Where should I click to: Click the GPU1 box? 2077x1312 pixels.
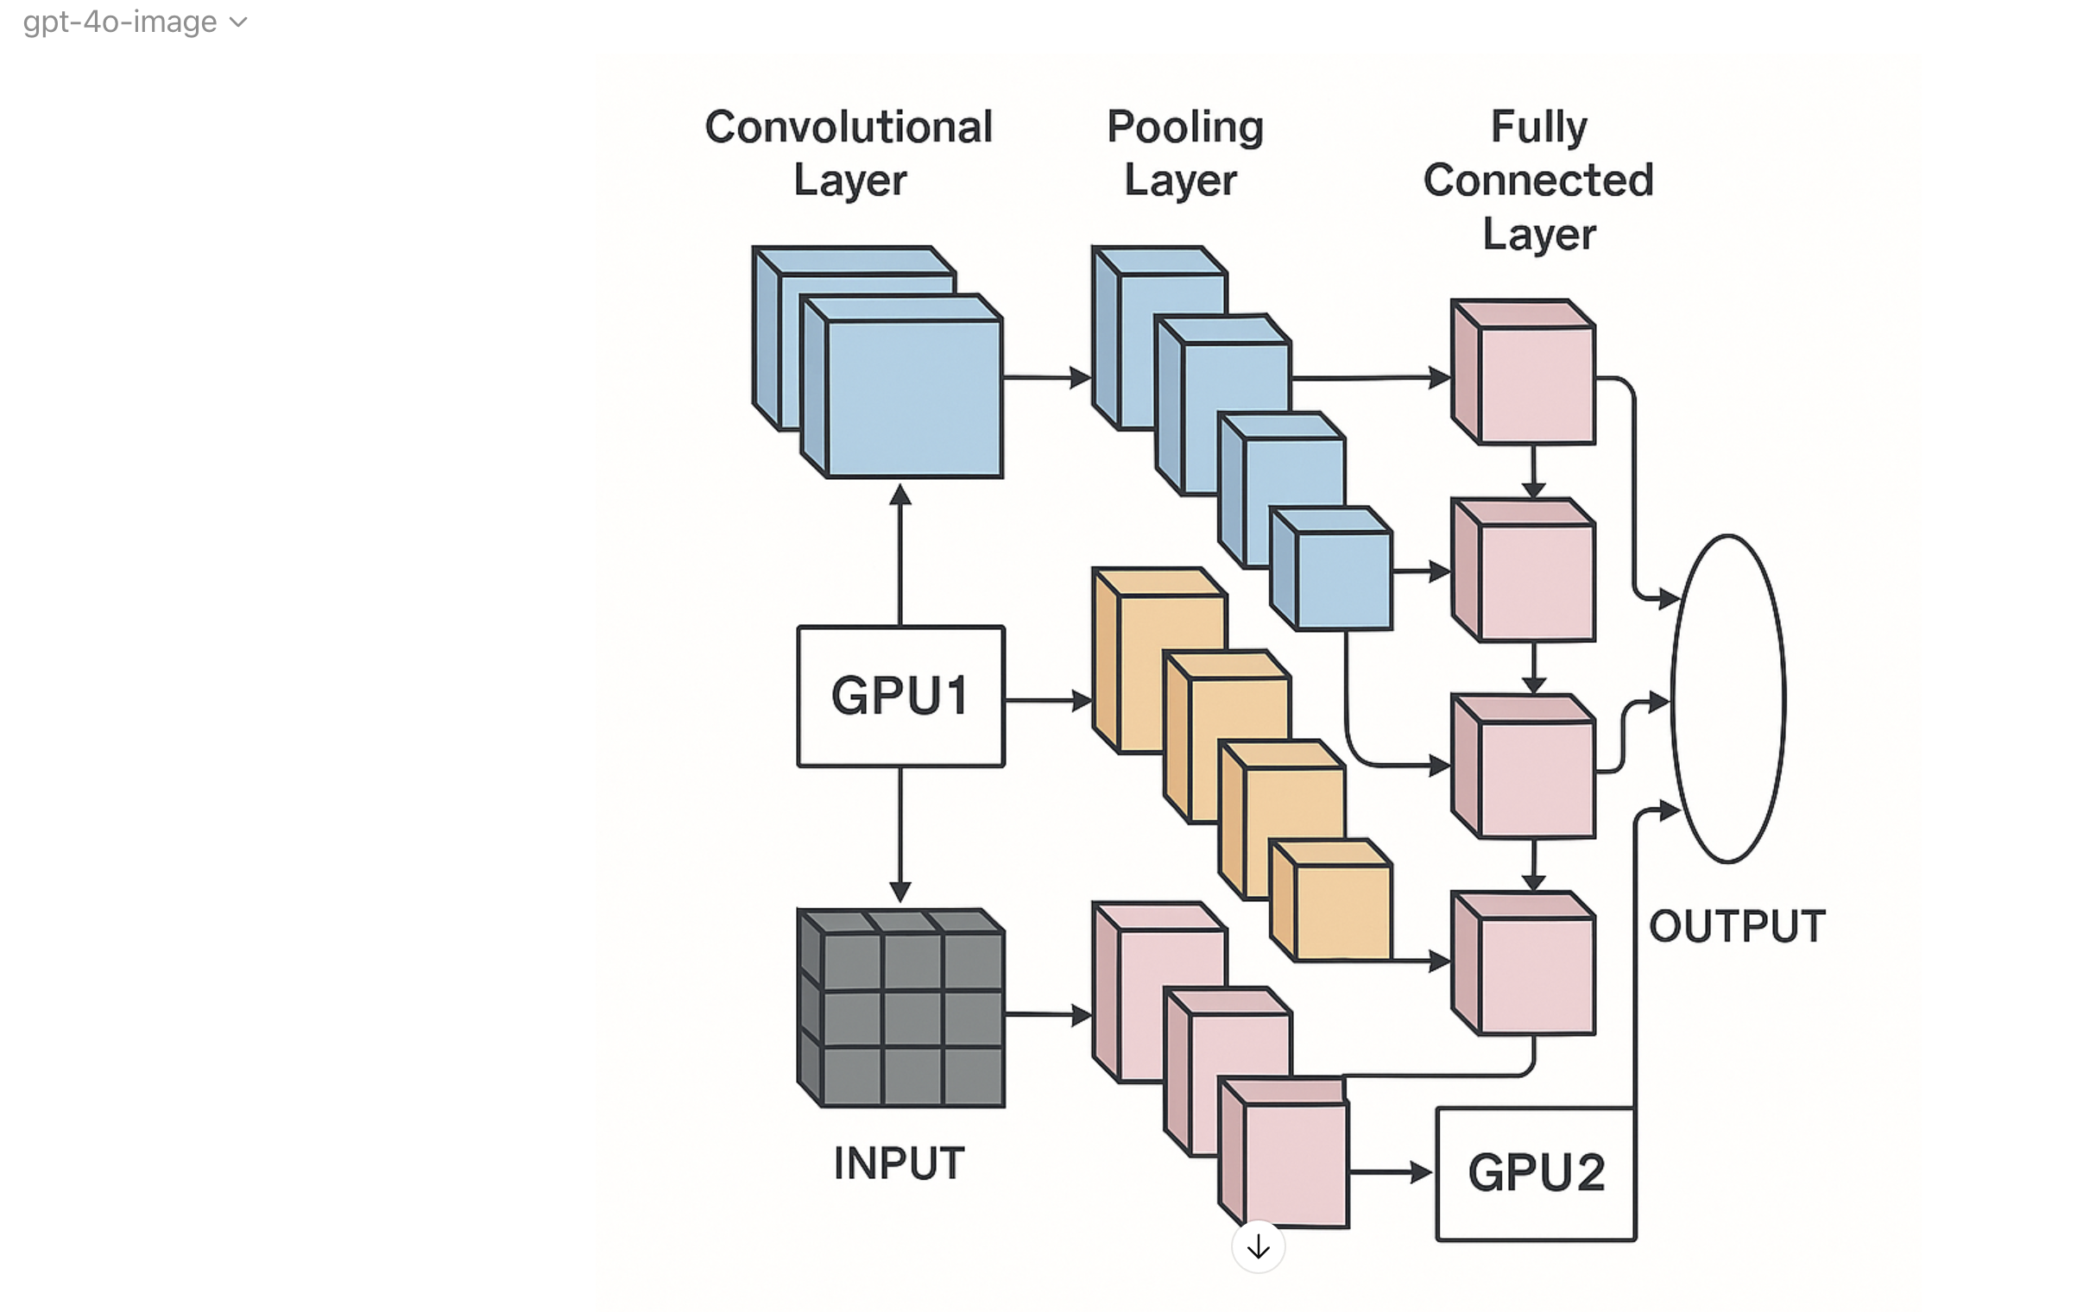click(x=900, y=696)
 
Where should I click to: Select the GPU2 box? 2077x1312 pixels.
click(x=1536, y=1174)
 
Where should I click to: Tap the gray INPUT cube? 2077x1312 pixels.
click(x=900, y=1007)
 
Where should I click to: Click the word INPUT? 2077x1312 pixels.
click(x=899, y=1163)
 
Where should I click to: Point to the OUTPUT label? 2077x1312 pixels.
click(x=1737, y=926)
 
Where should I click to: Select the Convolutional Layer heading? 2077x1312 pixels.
click(x=849, y=154)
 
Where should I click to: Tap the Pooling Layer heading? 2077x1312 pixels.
click(x=1184, y=154)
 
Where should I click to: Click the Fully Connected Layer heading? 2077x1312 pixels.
click(x=1539, y=180)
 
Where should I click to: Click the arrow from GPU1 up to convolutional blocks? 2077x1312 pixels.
click(x=900, y=554)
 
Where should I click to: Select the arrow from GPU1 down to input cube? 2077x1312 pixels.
click(x=900, y=835)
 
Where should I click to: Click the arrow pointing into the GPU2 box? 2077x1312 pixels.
click(x=1391, y=1172)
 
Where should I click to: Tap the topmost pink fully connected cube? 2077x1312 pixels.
click(x=1524, y=372)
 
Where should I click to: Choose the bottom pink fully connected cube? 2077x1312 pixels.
click(x=1524, y=963)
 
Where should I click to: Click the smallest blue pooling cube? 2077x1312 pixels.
click(x=1331, y=568)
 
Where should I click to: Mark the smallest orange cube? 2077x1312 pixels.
click(x=1331, y=900)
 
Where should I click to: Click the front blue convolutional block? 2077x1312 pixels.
click(x=902, y=386)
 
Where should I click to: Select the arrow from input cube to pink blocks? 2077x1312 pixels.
click(x=1049, y=1015)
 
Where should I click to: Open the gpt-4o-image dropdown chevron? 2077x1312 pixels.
click(x=238, y=22)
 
